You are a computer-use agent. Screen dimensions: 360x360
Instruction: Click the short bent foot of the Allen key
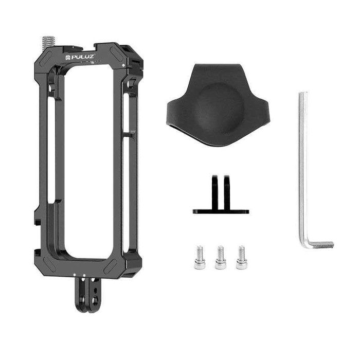click(319, 244)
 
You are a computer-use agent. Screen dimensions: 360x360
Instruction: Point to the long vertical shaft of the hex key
click(303, 165)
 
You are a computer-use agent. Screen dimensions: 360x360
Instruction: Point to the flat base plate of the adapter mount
click(221, 211)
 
